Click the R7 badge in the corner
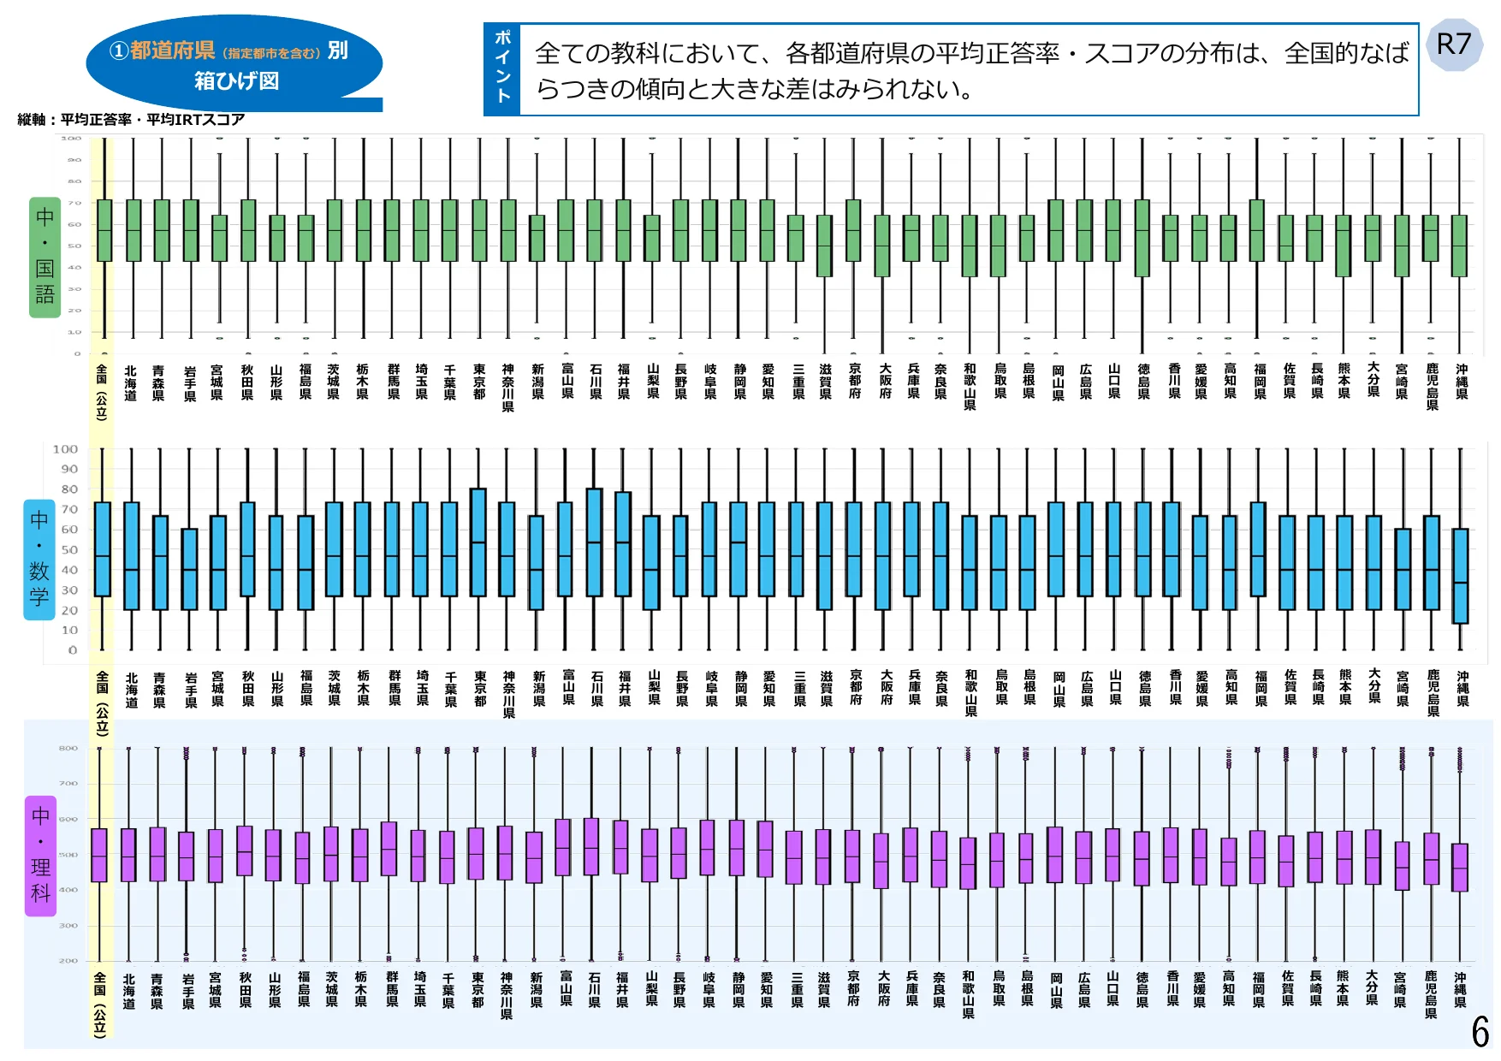click(1454, 45)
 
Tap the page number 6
click(1480, 1032)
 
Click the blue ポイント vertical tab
click(503, 68)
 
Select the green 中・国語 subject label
click(44, 257)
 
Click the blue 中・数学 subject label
click(39, 560)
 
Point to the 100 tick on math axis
click(65, 449)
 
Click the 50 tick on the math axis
click(68, 550)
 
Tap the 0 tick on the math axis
click(73, 650)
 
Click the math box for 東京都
click(478, 542)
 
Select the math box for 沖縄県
click(1461, 576)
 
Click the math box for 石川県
click(594, 542)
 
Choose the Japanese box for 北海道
click(133, 230)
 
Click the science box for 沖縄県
click(1460, 868)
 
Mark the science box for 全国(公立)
click(99, 855)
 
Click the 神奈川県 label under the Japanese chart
click(507, 388)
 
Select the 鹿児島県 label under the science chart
click(1431, 994)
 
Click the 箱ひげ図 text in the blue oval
click(236, 81)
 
